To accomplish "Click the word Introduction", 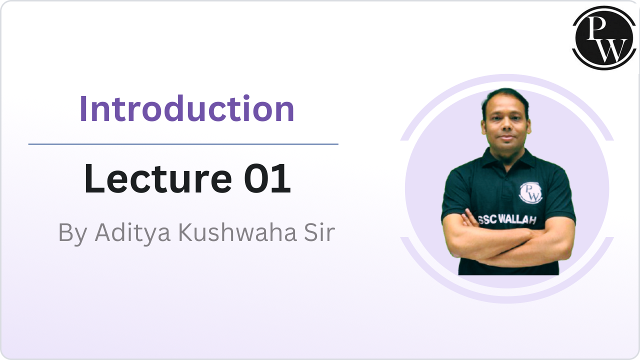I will click(187, 109).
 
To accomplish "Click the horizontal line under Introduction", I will click(183, 144).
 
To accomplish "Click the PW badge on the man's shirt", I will click(530, 192).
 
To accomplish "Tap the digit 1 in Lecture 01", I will click(283, 179).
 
